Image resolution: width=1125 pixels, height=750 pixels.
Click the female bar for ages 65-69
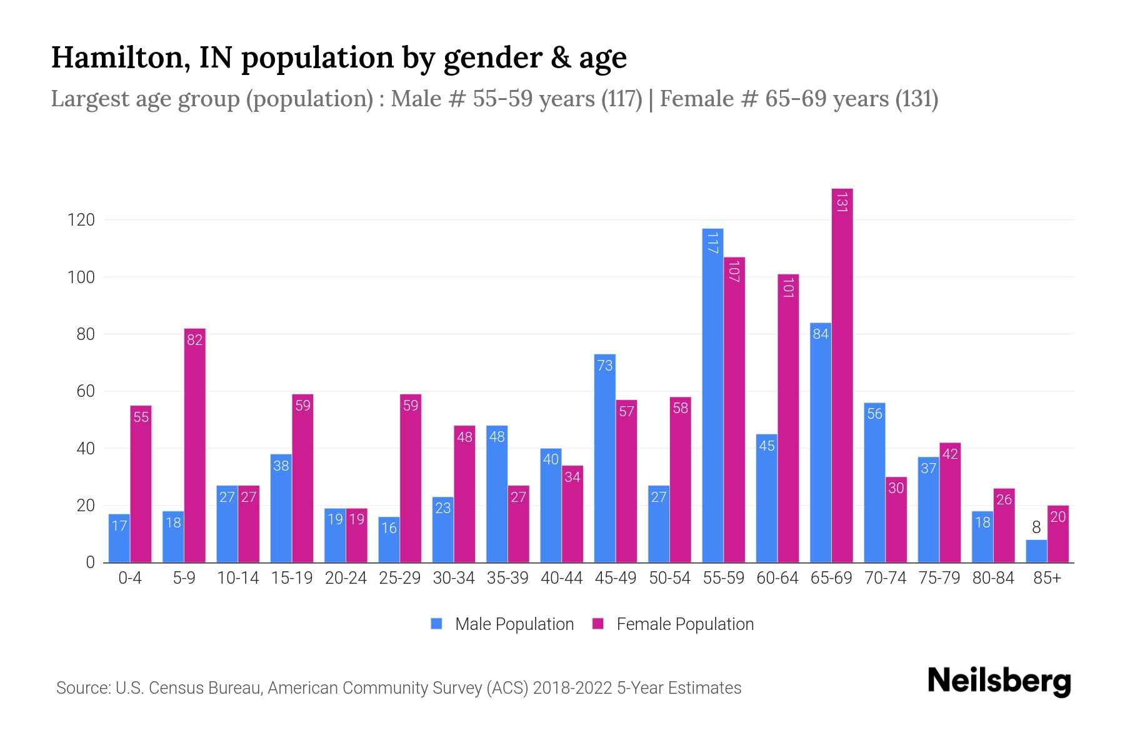842,375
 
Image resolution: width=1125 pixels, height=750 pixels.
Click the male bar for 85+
1036,551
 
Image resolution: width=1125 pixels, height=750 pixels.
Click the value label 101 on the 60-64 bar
788,287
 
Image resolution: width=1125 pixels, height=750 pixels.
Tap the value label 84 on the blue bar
820,334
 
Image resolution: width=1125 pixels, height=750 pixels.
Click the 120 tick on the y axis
81,220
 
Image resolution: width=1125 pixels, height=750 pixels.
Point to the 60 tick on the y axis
85,391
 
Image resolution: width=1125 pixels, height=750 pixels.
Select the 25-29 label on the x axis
399,578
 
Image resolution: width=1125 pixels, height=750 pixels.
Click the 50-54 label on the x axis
669,578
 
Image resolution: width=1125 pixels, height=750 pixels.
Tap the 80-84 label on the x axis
993,578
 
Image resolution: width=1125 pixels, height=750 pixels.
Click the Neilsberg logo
999,681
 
